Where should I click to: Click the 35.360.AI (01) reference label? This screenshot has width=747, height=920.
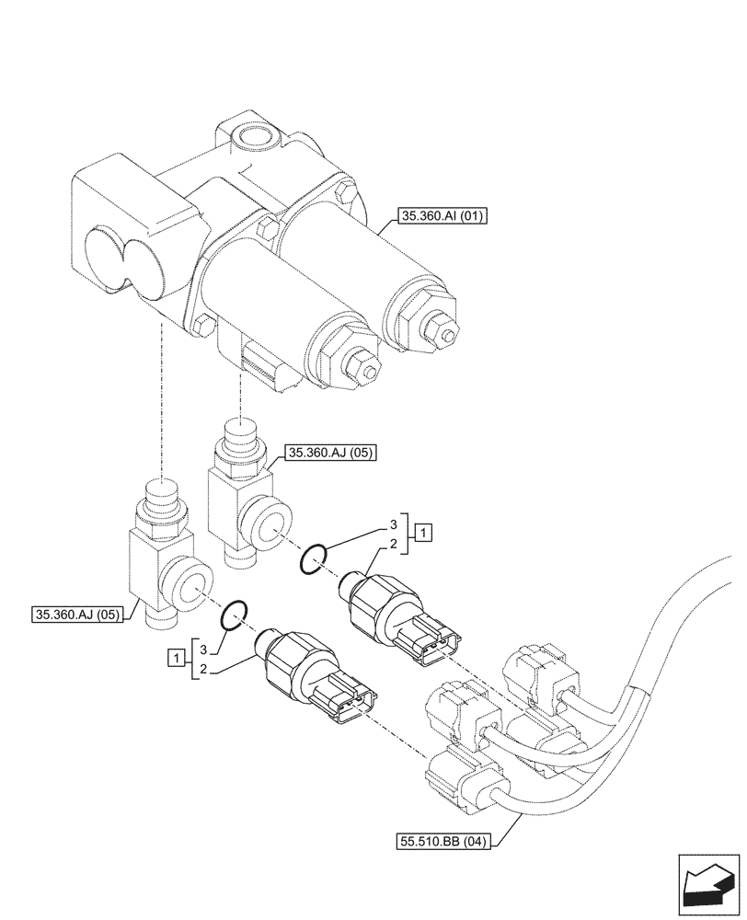pos(442,217)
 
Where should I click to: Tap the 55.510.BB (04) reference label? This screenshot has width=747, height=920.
pos(443,840)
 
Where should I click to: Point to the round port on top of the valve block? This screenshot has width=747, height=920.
pos(251,138)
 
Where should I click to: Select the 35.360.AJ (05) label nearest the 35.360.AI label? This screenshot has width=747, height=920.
pos(330,452)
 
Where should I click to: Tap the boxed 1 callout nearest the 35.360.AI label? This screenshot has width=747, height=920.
pos(422,531)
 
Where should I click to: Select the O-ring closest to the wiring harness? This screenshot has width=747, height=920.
pos(314,558)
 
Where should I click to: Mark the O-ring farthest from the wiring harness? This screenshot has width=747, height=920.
pos(235,614)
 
